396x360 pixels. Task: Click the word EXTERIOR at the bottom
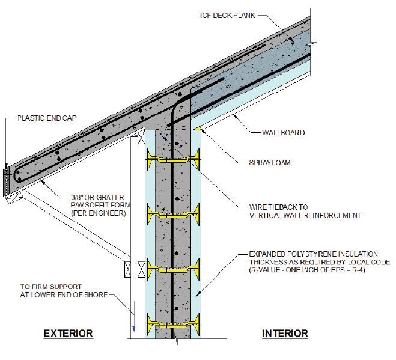tap(68, 333)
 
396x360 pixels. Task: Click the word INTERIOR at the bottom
tap(285, 333)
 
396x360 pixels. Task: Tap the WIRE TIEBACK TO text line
tap(287, 206)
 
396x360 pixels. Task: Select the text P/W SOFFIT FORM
tap(99, 204)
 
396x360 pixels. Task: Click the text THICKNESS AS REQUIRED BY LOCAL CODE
tap(319, 263)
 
